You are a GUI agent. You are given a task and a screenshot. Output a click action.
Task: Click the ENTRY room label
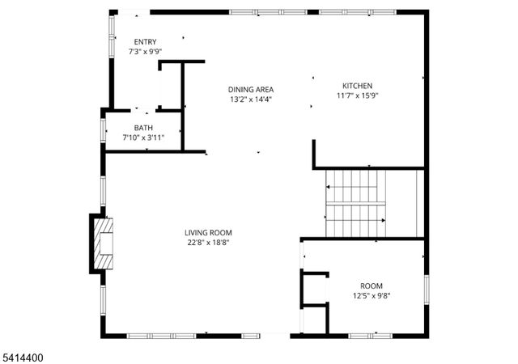click(146, 42)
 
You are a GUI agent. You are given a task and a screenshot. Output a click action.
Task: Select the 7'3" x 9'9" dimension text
click(146, 52)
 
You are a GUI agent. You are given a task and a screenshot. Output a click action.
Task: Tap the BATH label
click(143, 128)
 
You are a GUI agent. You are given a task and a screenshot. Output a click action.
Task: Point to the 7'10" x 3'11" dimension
click(143, 138)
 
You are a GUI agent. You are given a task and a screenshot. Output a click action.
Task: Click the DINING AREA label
click(250, 90)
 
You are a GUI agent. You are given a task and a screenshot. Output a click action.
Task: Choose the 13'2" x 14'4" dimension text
click(250, 99)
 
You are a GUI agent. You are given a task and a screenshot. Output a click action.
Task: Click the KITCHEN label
click(357, 86)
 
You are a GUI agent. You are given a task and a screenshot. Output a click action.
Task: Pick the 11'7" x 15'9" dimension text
click(357, 95)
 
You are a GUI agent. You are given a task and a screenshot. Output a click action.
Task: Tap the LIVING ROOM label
click(208, 233)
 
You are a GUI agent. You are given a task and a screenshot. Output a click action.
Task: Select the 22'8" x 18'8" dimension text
click(208, 243)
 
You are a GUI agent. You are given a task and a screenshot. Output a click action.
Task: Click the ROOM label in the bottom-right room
click(372, 286)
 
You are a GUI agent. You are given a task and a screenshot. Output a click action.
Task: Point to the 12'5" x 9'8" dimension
click(372, 296)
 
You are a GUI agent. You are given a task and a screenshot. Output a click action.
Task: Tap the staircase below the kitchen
click(356, 202)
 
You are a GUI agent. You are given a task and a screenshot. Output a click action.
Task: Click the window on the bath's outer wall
click(104, 129)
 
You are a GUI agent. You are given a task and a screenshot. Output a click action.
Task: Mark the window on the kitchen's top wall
click(346, 12)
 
